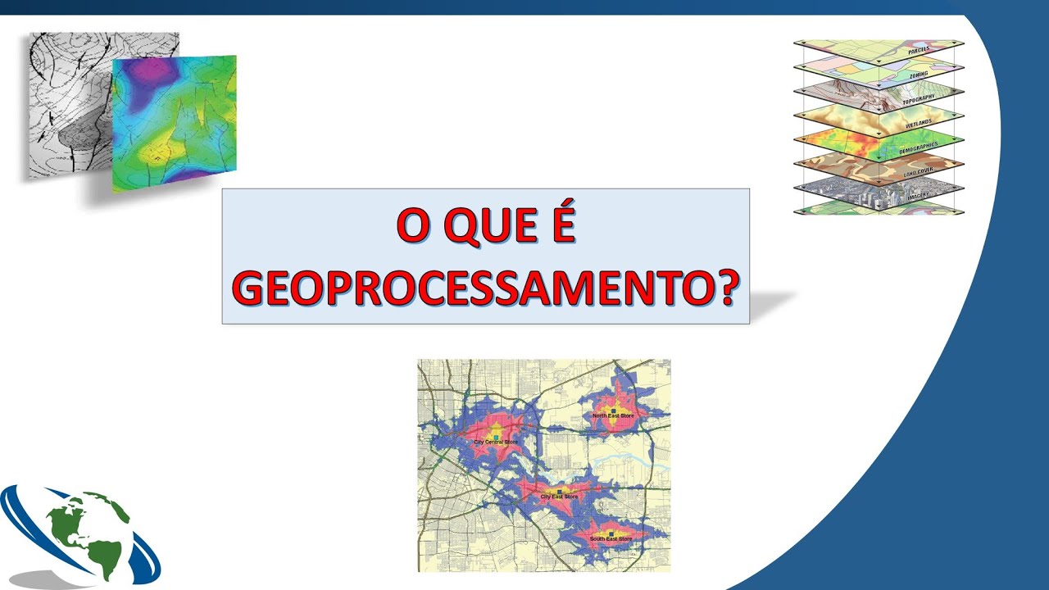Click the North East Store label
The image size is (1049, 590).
click(x=613, y=416)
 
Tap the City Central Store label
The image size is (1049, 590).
click(x=496, y=442)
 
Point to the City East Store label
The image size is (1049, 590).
click(x=559, y=497)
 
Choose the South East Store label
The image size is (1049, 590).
click(x=611, y=538)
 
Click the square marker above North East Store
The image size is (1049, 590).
click(x=612, y=410)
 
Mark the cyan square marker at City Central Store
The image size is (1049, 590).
click(x=496, y=438)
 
